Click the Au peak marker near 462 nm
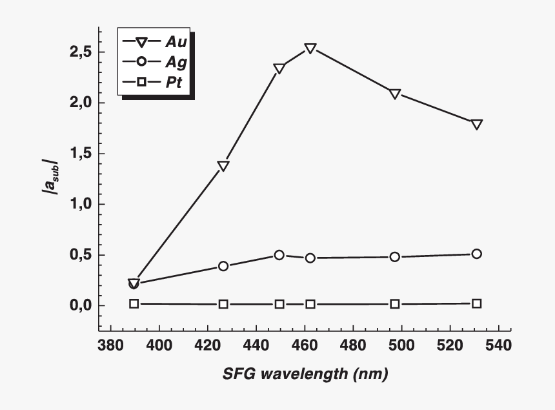[310, 48]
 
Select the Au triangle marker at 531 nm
[476, 124]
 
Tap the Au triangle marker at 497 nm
[395, 94]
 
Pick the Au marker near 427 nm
[223, 166]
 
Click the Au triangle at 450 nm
[279, 68]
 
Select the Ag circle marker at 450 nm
[279, 255]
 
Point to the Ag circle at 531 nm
[476, 254]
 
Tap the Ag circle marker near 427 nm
[223, 266]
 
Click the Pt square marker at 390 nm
[134, 303]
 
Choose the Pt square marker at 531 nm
[476, 303]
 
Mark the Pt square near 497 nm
[395, 304]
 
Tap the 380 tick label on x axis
[111, 346]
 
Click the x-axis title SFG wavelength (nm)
[305, 374]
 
